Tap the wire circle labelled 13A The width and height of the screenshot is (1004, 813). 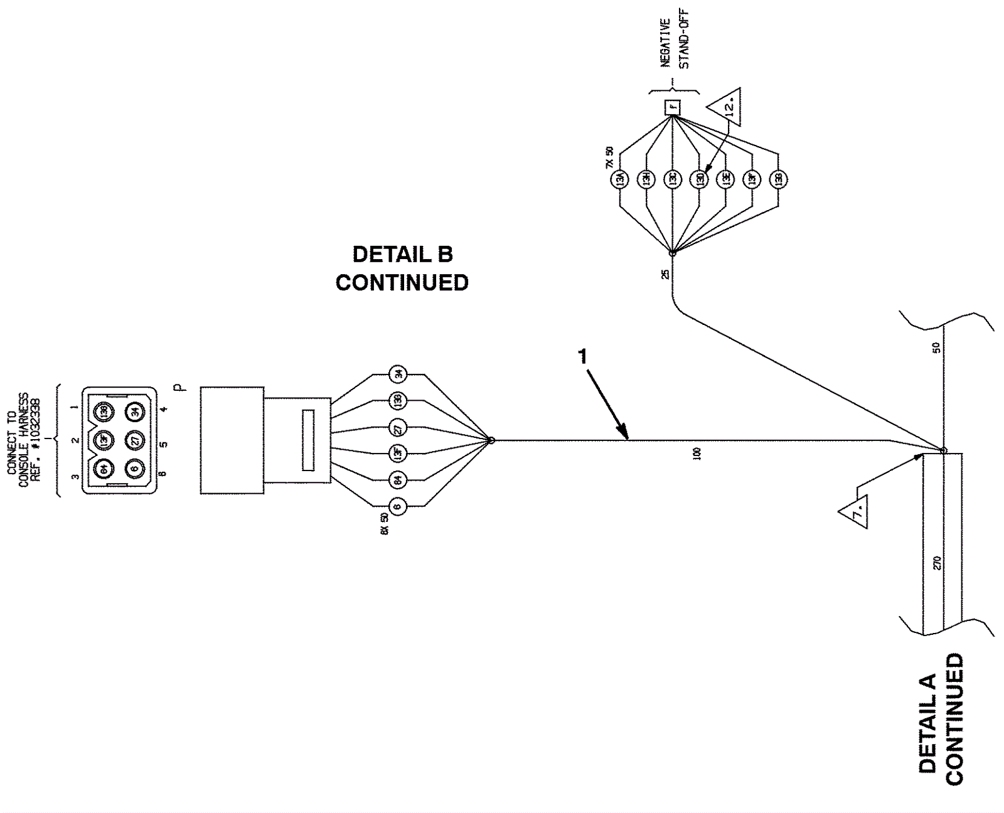click(x=619, y=179)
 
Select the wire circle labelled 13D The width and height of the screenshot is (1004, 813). click(x=699, y=179)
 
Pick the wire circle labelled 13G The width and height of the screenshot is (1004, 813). click(x=779, y=179)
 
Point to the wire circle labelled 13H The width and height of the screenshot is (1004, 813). click(x=646, y=179)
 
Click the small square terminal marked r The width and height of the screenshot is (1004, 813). click(x=673, y=108)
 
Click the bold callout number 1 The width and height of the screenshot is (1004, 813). click(x=583, y=356)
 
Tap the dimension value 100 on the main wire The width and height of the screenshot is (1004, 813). click(x=697, y=454)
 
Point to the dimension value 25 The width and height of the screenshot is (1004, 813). click(x=665, y=274)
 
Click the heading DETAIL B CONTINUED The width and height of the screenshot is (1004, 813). click(x=402, y=268)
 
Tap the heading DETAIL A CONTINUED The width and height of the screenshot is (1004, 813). click(x=940, y=720)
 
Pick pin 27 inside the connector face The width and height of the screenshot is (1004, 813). click(x=134, y=440)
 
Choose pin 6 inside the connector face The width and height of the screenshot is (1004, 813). click(x=134, y=468)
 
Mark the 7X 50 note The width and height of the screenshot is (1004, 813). click(x=609, y=157)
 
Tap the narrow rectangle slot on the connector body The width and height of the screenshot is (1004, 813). click(x=307, y=440)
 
